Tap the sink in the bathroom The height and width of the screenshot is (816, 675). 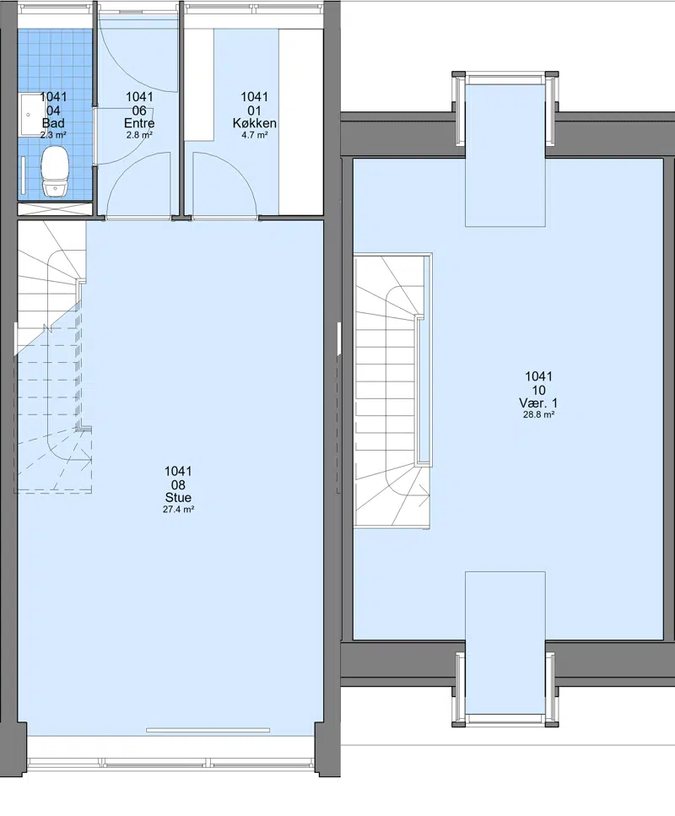pos(29,115)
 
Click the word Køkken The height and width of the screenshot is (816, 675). pos(255,123)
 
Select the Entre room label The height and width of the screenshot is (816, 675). pos(139,123)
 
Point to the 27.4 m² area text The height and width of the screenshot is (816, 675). pos(179,510)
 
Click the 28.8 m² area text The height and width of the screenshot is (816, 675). pos(538,415)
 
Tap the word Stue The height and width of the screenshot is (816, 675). pos(178,498)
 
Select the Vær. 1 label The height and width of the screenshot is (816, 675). pos(538,403)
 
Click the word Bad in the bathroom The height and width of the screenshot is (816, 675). pos(53,123)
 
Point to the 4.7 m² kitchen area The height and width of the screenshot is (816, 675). pos(255,135)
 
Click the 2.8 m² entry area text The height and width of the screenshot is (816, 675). pos(139,135)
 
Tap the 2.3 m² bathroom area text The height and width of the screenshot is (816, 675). pos(53,135)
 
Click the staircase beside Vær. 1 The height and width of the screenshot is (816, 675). pos(393,391)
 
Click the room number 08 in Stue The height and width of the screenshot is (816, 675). pos(178,485)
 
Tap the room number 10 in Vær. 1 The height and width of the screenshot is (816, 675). pos(538,391)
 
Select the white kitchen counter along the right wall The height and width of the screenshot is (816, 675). pos(301,122)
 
